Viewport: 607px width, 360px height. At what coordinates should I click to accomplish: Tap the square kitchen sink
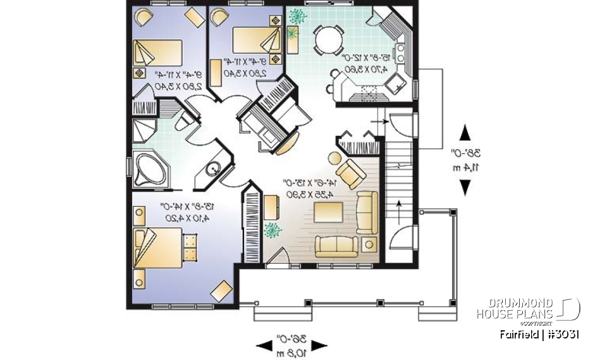(x=397, y=82)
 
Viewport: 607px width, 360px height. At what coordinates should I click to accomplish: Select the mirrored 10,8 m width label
(x=291, y=349)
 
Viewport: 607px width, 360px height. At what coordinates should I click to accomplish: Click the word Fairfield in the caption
(x=517, y=335)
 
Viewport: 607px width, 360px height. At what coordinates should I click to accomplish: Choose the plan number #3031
(x=561, y=335)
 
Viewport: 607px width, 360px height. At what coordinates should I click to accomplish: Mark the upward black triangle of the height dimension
(x=465, y=133)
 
